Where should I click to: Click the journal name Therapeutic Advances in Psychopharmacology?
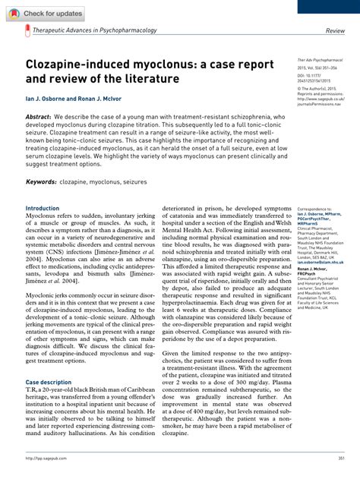95,30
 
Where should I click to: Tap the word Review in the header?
335,31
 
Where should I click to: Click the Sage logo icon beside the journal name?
27,31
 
